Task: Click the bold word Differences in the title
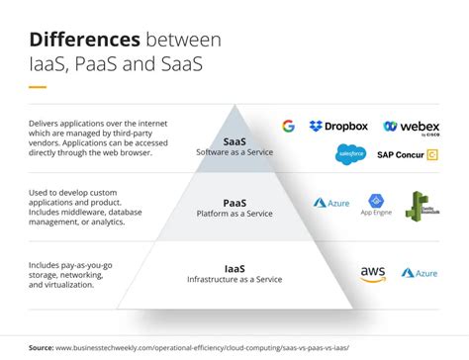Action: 84,40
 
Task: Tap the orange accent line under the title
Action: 38,88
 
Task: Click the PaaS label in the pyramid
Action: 234,203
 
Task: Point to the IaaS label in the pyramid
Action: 234,267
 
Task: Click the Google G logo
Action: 288,126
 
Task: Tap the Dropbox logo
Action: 338,126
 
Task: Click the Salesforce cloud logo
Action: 351,153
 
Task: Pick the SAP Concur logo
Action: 407,153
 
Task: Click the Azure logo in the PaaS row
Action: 331,203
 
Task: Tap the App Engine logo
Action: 376,204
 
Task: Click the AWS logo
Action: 373,273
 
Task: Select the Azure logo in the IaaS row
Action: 420,273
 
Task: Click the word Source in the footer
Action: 42,347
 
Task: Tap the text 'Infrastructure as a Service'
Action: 234,280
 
